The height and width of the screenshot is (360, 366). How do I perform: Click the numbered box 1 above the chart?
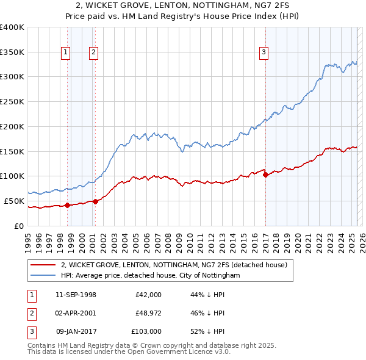tap(65, 52)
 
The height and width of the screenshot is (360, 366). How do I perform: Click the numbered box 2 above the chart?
tap(93, 52)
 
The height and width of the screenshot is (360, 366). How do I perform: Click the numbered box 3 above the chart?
tap(264, 52)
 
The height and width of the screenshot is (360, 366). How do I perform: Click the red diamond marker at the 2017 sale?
tap(265, 175)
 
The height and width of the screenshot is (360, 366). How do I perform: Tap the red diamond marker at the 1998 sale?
tap(67, 205)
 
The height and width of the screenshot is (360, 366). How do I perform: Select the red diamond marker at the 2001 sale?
tap(95, 201)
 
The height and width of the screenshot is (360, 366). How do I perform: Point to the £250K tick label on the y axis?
tap(12, 101)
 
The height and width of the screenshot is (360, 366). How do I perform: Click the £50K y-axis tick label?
tap(14, 201)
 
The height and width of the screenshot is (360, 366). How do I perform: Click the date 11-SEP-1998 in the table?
tap(76, 295)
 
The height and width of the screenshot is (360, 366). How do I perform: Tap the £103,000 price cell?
tap(146, 331)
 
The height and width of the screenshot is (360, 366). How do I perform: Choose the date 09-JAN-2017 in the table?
tap(76, 331)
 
